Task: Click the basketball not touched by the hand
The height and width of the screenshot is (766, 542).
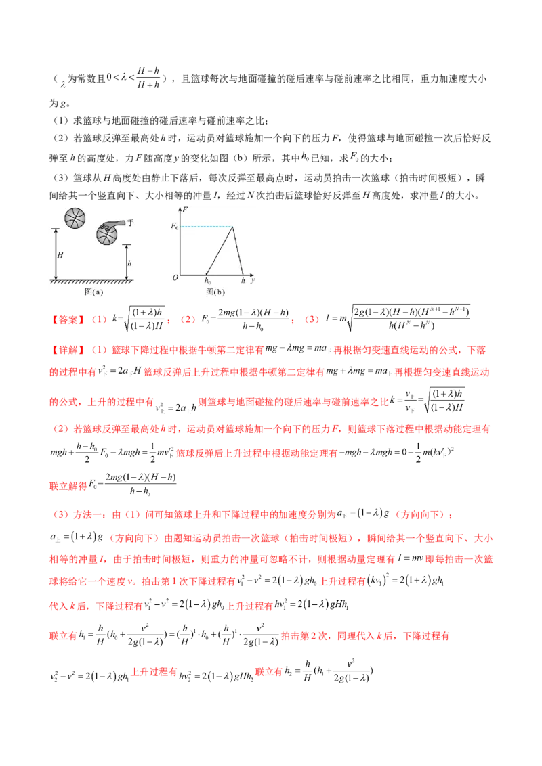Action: click(x=76, y=218)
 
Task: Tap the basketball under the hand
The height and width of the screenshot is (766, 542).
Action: click(x=107, y=237)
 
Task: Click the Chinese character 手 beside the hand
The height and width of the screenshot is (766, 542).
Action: click(x=130, y=222)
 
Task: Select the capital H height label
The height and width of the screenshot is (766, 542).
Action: click(x=60, y=255)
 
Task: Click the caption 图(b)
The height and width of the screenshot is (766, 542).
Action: click(x=214, y=291)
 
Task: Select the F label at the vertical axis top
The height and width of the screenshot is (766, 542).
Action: click(x=186, y=210)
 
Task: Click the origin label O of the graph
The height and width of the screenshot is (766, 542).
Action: click(x=174, y=277)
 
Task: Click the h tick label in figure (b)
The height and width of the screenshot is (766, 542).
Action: click(x=243, y=279)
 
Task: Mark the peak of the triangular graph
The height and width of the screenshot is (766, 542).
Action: click(x=232, y=226)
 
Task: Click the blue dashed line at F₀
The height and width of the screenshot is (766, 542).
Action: click(x=206, y=226)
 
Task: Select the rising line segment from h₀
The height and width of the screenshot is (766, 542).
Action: click(x=220, y=250)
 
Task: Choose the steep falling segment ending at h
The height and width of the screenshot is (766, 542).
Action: click(x=238, y=250)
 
